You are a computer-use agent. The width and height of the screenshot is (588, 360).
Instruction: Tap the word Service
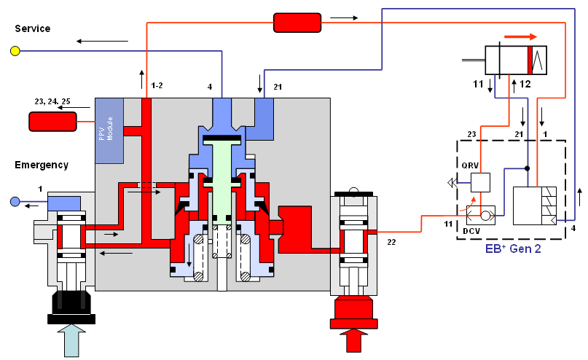click(x=33, y=28)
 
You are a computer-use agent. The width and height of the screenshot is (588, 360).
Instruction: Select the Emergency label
click(x=42, y=165)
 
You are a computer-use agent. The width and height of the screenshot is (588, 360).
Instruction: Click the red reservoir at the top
click(x=297, y=23)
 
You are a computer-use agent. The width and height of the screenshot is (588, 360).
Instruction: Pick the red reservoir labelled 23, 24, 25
click(x=53, y=122)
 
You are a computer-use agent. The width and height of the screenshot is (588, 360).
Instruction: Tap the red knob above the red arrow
click(x=354, y=310)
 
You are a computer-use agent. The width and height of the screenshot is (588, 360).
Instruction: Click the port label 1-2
click(x=157, y=87)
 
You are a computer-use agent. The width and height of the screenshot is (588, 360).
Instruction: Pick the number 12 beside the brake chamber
click(x=525, y=85)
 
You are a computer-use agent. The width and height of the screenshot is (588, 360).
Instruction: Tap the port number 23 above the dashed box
click(x=471, y=134)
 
